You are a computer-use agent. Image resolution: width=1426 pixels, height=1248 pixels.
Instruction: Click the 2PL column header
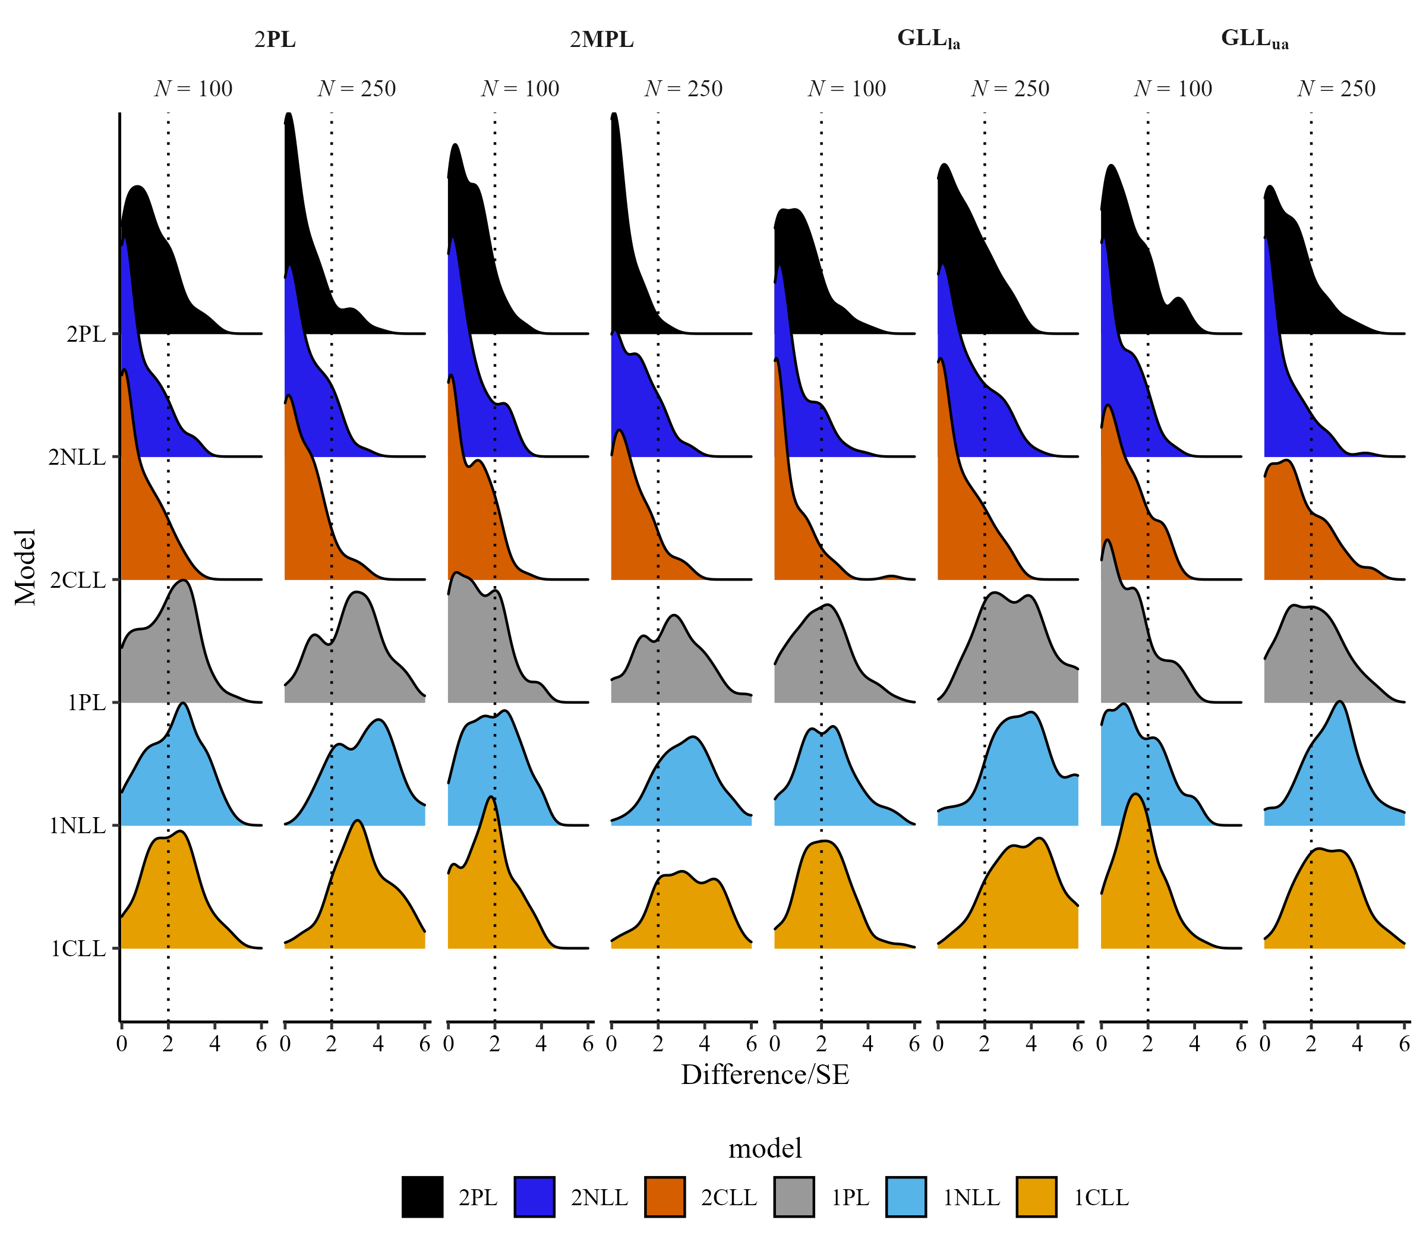[275, 40]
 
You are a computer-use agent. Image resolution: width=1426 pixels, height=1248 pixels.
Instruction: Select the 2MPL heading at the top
[601, 40]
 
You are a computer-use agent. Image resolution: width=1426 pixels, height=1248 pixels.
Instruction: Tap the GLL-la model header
[928, 40]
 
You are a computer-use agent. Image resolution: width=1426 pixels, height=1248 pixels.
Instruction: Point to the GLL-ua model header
[1255, 40]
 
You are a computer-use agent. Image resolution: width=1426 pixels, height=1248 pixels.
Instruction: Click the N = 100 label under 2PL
[194, 89]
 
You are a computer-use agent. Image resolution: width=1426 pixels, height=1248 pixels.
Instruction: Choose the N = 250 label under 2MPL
[684, 89]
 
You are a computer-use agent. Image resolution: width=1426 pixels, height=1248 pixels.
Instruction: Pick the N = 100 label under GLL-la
[847, 89]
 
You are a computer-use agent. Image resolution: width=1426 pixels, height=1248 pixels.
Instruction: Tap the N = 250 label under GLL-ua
[1337, 89]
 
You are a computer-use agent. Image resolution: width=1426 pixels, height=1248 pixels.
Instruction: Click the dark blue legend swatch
[534, 1196]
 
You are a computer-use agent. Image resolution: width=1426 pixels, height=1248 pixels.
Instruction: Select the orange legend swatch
[665, 1196]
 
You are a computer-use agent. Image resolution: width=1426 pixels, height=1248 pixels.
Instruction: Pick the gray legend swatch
[794, 1196]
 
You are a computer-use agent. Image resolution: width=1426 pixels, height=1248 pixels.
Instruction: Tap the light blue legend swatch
[906, 1196]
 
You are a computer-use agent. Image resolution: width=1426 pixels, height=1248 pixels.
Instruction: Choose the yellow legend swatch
[1036, 1196]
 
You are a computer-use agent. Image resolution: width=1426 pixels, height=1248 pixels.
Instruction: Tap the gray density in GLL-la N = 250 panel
[1009, 655]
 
